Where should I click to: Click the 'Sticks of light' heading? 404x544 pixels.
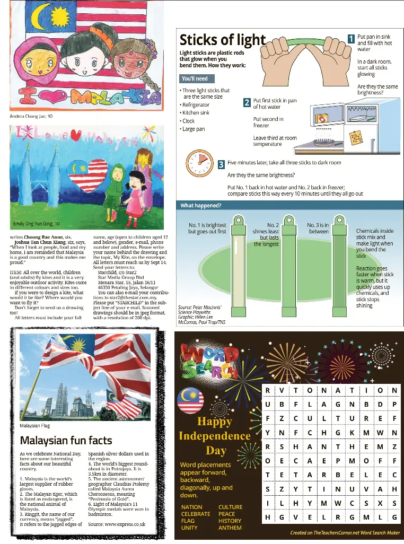(222, 40)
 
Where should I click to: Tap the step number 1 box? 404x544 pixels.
(350, 38)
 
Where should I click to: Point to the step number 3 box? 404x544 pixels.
(221, 165)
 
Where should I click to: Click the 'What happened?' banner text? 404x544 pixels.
(201, 206)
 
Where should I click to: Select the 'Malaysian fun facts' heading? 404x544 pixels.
(66, 440)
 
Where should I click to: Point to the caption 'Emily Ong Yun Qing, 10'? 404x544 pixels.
(37, 224)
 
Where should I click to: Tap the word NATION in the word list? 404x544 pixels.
(191, 507)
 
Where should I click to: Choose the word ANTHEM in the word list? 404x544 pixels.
(230, 528)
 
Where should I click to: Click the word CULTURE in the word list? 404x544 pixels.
(231, 507)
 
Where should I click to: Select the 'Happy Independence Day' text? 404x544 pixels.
(214, 436)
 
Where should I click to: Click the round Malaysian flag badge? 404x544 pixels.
(190, 400)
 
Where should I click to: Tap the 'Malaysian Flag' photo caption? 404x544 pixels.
(34, 426)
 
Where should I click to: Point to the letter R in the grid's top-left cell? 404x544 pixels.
(268, 391)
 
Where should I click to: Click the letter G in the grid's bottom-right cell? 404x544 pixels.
(394, 517)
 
